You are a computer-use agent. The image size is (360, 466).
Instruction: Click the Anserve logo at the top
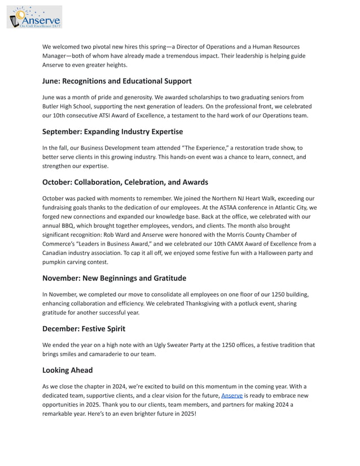coord(34,17)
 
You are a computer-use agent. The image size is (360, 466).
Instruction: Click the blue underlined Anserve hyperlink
coord(231,395)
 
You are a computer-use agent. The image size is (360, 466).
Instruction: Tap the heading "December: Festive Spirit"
coord(84,328)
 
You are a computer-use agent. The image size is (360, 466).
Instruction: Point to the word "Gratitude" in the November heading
coord(166,278)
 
